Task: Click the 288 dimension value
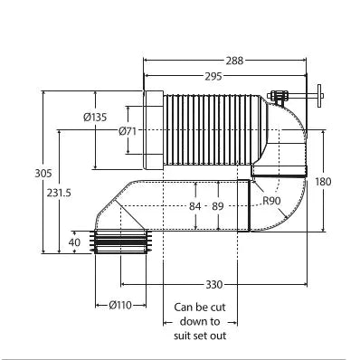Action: pos(234,61)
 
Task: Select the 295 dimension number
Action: pos(213,76)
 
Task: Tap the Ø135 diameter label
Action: pos(95,117)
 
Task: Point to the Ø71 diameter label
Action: pos(128,131)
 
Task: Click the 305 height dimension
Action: pos(43,174)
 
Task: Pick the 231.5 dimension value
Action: pos(59,193)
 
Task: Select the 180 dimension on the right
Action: pos(323,182)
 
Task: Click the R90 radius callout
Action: pos(271,201)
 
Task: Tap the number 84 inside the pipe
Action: pos(195,206)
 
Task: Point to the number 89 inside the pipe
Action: pos(218,206)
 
